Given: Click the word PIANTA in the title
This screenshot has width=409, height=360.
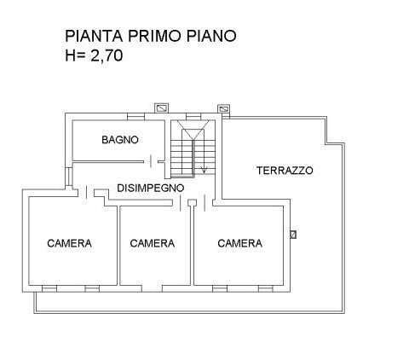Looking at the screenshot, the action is [x=94, y=36].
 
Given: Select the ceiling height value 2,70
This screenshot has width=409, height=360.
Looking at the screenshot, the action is [x=107, y=55].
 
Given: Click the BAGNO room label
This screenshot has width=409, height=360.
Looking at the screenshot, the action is [x=120, y=140].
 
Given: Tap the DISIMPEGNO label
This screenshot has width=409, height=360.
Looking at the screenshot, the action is [x=151, y=188].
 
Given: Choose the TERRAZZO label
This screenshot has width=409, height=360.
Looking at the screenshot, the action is [x=285, y=171].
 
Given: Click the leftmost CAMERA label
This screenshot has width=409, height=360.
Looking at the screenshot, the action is [x=69, y=243].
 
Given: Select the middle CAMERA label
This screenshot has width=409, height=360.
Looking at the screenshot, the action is [x=153, y=243].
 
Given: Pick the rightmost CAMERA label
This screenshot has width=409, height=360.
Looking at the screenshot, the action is [x=239, y=243].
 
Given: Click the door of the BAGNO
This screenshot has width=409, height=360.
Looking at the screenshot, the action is [x=151, y=161].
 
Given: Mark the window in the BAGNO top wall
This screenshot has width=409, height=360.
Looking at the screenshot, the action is [x=135, y=117].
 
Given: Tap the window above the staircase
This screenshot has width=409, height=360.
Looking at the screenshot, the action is [x=193, y=117].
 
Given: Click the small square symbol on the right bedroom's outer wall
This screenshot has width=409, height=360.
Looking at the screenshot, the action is [x=293, y=235].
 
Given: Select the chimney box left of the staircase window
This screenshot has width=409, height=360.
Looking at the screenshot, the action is [x=161, y=108].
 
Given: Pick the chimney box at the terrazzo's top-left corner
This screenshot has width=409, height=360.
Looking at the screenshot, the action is [x=224, y=109].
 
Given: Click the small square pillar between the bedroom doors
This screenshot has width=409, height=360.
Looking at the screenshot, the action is [x=193, y=202].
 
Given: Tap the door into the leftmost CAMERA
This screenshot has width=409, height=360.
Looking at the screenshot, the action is [x=86, y=193].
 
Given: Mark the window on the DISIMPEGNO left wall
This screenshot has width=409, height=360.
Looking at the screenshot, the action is [x=69, y=177].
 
